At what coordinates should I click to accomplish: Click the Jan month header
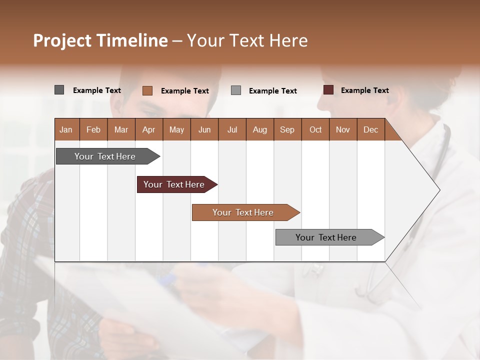point(66,129)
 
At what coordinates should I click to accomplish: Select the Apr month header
point(148,129)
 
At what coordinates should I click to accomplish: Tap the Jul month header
point(232,129)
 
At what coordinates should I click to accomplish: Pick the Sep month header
point(287,129)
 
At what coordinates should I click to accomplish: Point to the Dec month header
point(370,129)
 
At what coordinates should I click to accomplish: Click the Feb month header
point(93,129)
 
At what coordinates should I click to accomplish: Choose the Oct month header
point(315,129)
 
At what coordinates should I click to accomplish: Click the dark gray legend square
point(59,90)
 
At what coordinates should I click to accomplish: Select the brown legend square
point(147,90)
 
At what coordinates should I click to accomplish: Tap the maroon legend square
point(328,90)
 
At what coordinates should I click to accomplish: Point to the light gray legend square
point(236,90)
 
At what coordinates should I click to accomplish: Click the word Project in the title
point(62,40)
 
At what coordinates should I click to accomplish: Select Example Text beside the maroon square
point(364,90)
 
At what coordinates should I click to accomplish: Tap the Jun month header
point(204,129)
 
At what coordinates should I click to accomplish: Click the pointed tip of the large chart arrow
point(438,190)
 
